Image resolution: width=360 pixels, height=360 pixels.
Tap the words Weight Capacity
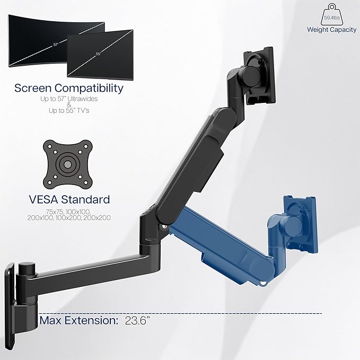point(331,29)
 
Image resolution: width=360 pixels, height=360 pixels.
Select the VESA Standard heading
point(69,199)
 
